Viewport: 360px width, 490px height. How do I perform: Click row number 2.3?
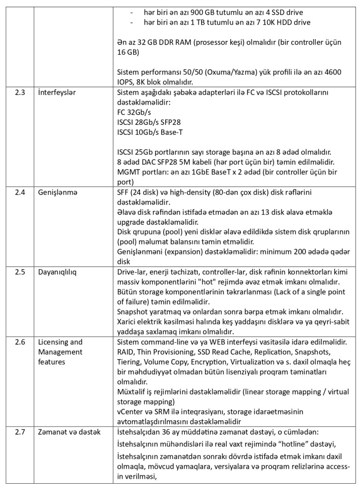click(x=20, y=93)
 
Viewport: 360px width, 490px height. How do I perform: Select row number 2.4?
click(x=20, y=192)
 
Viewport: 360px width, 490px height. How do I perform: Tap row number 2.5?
click(x=20, y=273)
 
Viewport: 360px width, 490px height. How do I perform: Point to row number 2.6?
click(x=20, y=342)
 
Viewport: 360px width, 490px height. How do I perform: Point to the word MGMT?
click(x=128, y=172)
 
